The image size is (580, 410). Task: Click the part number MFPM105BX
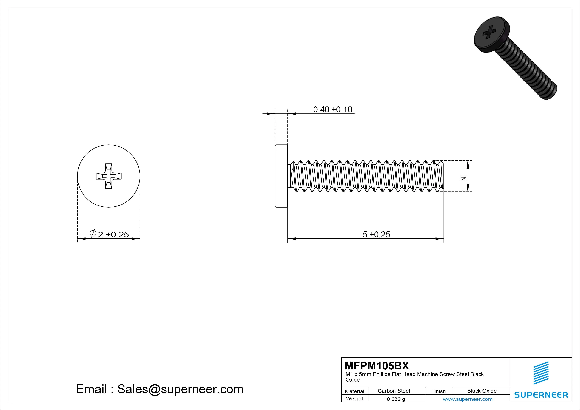click(x=377, y=366)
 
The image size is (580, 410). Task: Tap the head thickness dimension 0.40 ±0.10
click(x=332, y=110)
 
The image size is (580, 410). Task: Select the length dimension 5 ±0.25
click(x=376, y=234)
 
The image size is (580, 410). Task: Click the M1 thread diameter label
click(x=463, y=178)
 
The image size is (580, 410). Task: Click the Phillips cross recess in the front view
click(x=109, y=176)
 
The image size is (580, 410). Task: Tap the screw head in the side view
click(x=281, y=176)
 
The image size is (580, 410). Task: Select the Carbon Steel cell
click(x=394, y=391)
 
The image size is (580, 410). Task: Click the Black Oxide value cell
click(x=482, y=391)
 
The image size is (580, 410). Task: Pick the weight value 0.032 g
click(x=396, y=399)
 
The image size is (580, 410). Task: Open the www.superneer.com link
click(x=468, y=399)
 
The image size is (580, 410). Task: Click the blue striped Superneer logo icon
click(x=541, y=373)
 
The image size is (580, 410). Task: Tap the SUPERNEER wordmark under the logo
click(x=541, y=395)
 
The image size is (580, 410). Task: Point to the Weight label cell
click(x=354, y=399)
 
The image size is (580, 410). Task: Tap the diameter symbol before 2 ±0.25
click(x=93, y=233)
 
